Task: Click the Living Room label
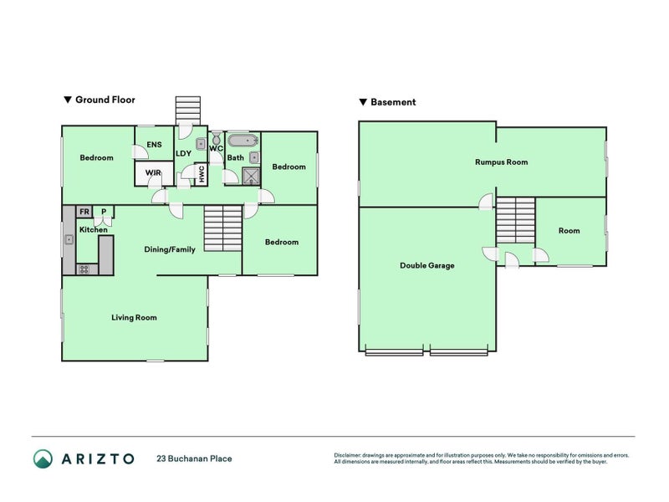(135, 318)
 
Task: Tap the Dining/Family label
(170, 249)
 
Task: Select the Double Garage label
(426, 266)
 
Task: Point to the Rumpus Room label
(501, 162)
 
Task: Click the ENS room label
(154, 145)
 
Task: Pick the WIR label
(153, 173)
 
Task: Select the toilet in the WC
(215, 140)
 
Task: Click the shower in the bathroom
(251, 174)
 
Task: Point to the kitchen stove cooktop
(84, 269)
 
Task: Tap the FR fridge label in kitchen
(84, 213)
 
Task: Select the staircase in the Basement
(515, 221)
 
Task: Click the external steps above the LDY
(188, 110)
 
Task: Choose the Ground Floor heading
(105, 100)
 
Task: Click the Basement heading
(393, 103)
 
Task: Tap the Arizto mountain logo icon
(43, 458)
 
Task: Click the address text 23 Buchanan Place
(194, 458)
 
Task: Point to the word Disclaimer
(349, 455)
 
